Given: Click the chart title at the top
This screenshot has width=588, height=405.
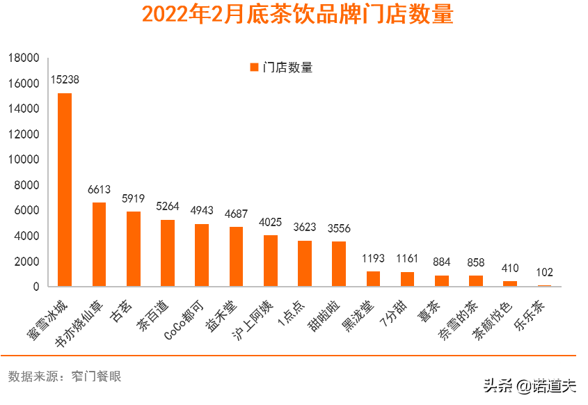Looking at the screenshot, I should (x=297, y=15).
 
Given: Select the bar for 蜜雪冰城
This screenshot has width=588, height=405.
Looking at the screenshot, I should (x=65, y=189).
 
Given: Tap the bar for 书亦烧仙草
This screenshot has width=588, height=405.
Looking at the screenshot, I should (x=99, y=244).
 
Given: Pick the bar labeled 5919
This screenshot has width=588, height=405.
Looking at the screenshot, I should (x=133, y=248).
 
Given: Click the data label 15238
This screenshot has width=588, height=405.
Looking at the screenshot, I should (x=65, y=80).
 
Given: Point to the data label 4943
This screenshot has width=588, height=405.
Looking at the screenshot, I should (x=201, y=211).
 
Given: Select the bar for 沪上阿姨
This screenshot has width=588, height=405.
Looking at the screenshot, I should (x=270, y=260).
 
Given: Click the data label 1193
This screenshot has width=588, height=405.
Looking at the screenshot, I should (x=373, y=259).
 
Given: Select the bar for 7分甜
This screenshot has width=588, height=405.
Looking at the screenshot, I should (x=407, y=279).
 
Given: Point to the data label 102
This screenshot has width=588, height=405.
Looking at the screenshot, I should (x=544, y=273).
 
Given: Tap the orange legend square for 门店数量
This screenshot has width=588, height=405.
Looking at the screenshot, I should (x=254, y=67).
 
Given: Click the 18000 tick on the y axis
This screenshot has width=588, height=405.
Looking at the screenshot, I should (x=24, y=58).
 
